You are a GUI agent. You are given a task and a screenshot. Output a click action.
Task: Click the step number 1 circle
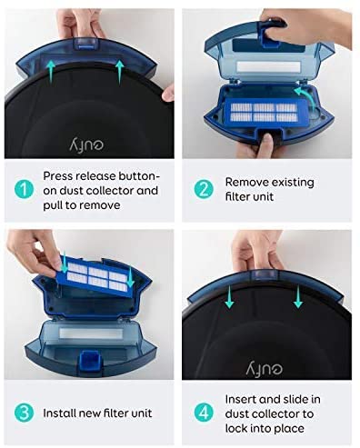[25, 190]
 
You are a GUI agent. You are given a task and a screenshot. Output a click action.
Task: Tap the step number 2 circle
[204, 190]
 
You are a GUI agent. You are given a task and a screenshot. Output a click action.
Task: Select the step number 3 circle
[25, 413]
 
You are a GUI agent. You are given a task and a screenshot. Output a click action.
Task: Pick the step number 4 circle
[204, 413]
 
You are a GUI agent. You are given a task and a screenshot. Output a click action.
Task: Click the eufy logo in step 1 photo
[86, 144]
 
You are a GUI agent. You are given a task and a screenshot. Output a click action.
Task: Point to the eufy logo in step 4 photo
[265, 367]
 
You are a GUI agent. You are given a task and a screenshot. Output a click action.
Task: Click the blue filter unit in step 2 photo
[264, 113]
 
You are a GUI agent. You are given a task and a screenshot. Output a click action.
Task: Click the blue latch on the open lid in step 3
[88, 360]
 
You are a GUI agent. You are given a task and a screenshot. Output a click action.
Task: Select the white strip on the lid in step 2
[268, 66]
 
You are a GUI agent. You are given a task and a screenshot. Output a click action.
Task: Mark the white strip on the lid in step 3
[91, 334]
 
